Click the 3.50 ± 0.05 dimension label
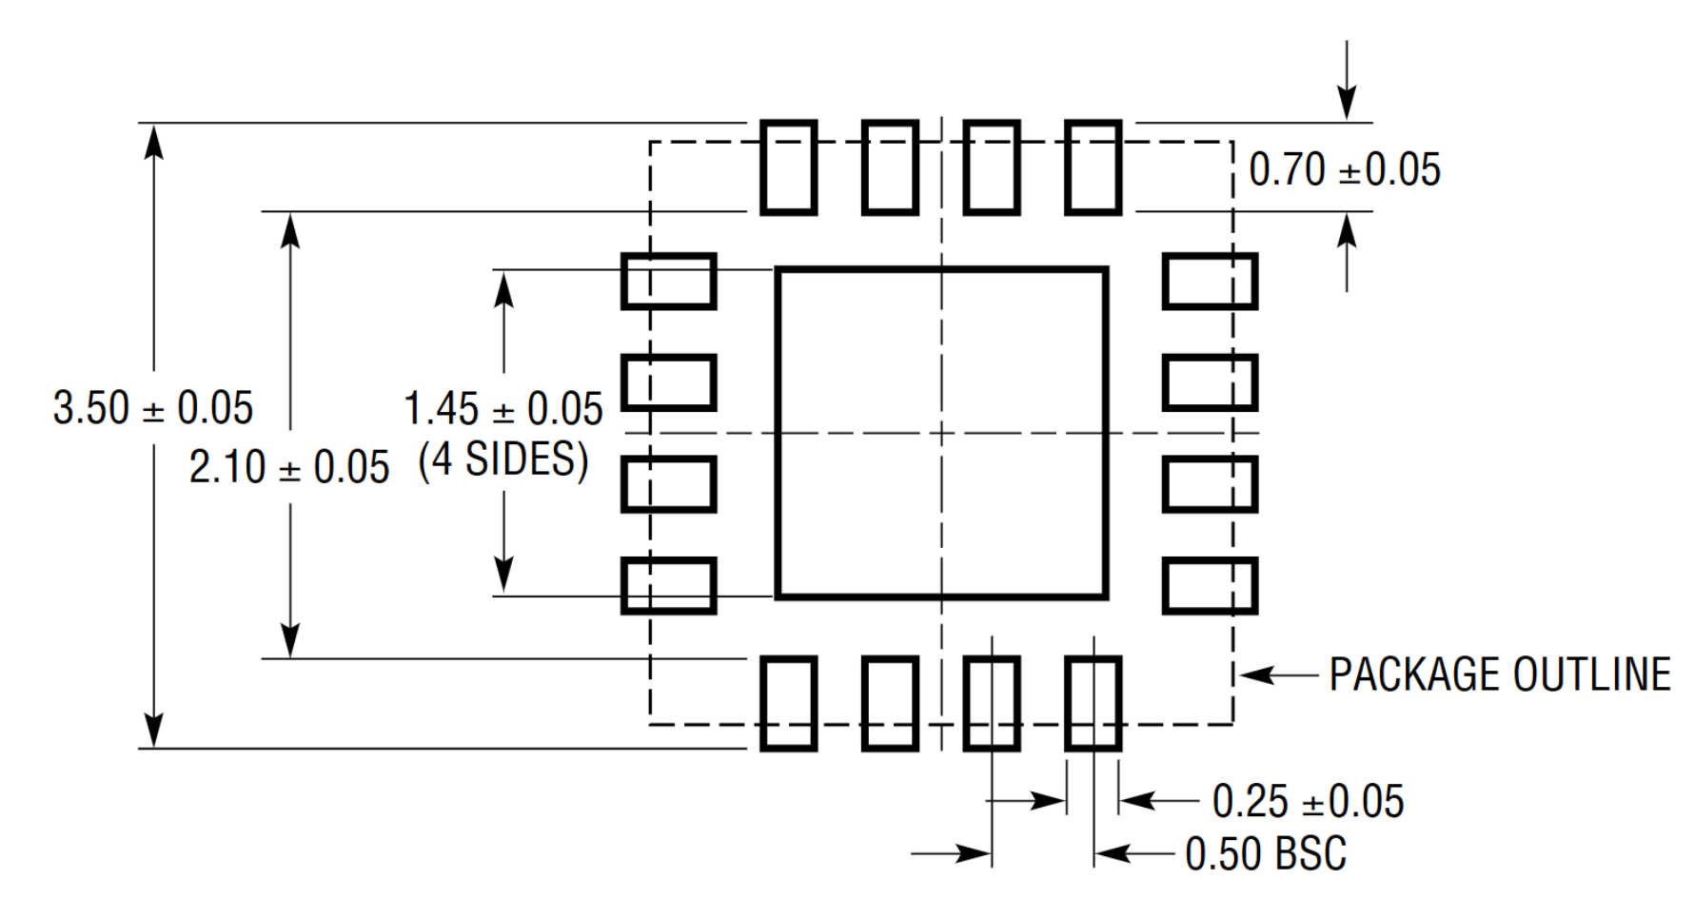pos(152,408)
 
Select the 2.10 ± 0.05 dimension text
pos(289,467)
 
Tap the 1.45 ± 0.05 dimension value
pos(503,409)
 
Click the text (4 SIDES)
pos(503,459)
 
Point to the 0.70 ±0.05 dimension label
pos(1344,170)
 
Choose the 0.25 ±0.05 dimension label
pos(1308,801)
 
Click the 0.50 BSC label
pos(1266,853)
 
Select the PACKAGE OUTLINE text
pos(1500,674)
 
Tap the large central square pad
pos(941,434)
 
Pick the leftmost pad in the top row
pos(789,167)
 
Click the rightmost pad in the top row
pos(1093,167)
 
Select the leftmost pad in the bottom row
pos(789,703)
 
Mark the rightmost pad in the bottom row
pos(1093,703)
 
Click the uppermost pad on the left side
pos(668,282)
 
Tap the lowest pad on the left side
pos(668,586)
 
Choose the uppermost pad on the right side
pos(1210,282)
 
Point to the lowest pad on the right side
pos(1210,586)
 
